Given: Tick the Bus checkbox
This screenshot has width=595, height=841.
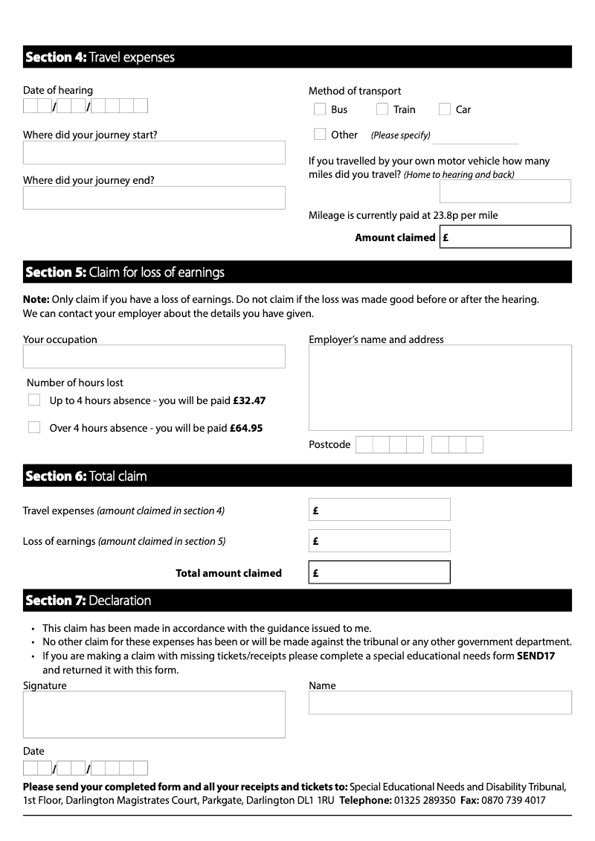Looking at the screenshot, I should click(x=320, y=109).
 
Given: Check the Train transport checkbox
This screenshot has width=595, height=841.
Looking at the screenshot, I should click(x=382, y=109).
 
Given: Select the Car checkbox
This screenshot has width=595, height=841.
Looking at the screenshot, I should click(x=445, y=109).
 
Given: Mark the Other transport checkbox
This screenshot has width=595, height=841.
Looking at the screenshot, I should click(x=320, y=135).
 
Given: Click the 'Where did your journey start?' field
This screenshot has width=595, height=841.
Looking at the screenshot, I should click(x=154, y=153).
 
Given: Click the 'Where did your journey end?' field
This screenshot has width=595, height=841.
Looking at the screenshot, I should click(x=154, y=198).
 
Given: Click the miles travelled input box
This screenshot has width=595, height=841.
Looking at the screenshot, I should click(x=505, y=191).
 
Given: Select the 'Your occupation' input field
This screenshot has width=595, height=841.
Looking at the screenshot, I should click(x=154, y=356).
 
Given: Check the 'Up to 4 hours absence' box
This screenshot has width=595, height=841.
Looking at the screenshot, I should click(x=34, y=400).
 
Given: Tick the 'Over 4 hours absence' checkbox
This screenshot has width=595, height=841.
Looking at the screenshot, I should click(x=34, y=427).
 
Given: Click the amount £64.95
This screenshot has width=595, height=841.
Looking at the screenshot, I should click(x=246, y=429).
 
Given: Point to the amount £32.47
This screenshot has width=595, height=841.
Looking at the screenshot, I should click(x=249, y=400).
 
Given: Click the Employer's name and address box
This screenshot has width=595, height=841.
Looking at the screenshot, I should click(x=440, y=387).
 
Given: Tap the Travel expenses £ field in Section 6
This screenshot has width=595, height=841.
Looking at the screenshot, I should click(x=380, y=510).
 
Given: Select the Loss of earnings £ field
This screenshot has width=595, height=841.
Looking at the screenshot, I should click(x=380, y=541).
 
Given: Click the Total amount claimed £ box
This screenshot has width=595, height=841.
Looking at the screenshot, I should click(x=380, y=572).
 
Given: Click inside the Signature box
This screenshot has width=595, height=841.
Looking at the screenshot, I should click(x=154, y=714).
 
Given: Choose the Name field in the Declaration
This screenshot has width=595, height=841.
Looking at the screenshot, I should click(x=440, y=703).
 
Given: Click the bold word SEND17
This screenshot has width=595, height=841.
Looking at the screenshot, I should click(x=535, y=656).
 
